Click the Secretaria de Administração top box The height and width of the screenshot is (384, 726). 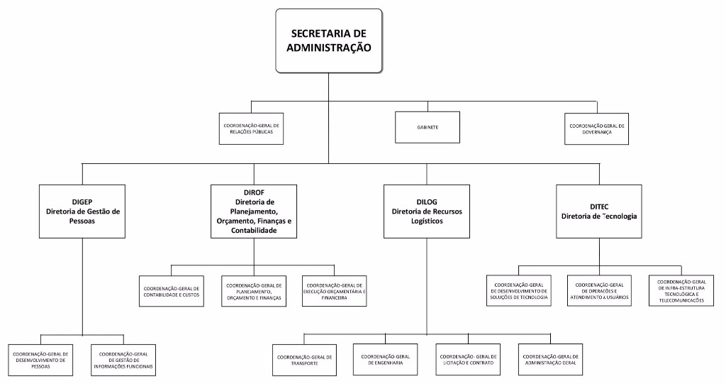click(x=329, y=41)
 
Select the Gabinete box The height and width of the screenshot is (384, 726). click(x=428, y=128)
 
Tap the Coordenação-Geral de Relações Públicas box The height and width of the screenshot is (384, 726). click(x=252, y=128)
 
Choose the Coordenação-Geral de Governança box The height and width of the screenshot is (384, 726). click(x=596, y=128)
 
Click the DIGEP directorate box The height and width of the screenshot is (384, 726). click(x=83, y=211)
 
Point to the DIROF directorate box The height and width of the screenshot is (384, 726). click(x=254, y=211)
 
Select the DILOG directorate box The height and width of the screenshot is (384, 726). click(x=427, y=211)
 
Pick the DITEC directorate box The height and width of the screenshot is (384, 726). click(x=599, y=211)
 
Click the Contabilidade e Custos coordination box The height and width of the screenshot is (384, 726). click(x=172, y=291)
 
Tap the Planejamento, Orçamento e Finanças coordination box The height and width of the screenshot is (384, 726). click(x=253, y=291)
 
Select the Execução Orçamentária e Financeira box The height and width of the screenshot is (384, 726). click(x=335, y=291)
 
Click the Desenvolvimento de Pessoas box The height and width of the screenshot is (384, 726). click(x=41, y=360)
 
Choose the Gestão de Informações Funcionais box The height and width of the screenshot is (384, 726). click(x=123, y=360)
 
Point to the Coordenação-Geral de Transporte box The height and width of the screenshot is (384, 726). click(x=304, y=360)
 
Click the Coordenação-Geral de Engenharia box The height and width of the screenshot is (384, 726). click(x=386, y=360)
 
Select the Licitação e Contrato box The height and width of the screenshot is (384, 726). click(x=467, y=360)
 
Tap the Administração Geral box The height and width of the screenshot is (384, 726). click(x=550, y=360)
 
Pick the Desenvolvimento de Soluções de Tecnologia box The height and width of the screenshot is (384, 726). click(x=518, y=291)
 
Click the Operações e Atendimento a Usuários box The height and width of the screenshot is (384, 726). click(x=599, y=291)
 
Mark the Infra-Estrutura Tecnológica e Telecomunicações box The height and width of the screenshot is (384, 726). click(x=681, y=291)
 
